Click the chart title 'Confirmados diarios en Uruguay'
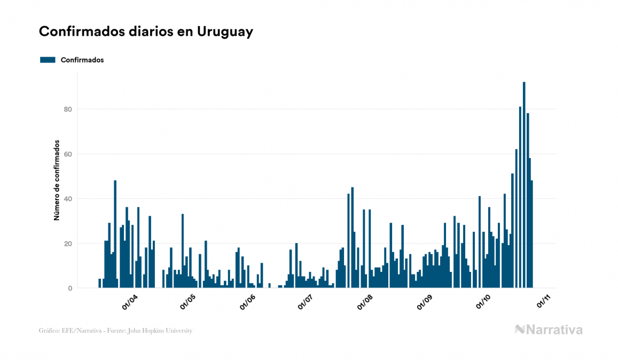(x=146, y=32)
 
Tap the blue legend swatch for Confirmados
(x=48, y=60)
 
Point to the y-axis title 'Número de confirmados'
(x=56, y=181)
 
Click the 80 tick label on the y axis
(x=68, y=109)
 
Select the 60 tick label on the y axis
(x=68, y=154)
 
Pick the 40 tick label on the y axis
(x=68, y=199)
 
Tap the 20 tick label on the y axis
(x=68, y=244)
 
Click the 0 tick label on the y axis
(x=70, y=288)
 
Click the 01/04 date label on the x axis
(x=130, y=302)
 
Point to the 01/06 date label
(x=247, y=302)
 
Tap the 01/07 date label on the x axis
(x=307, y=302)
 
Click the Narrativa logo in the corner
(x=549, y=330)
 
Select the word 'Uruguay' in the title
(x=225, y=32)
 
